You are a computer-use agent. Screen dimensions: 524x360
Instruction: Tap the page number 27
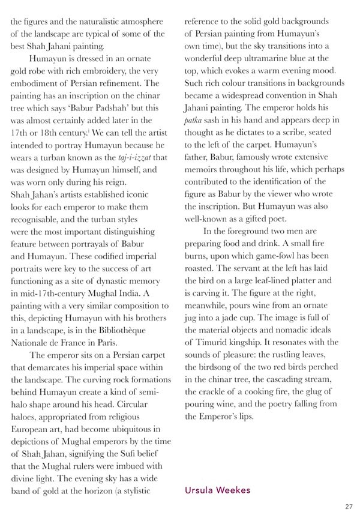tap(349, 507)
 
